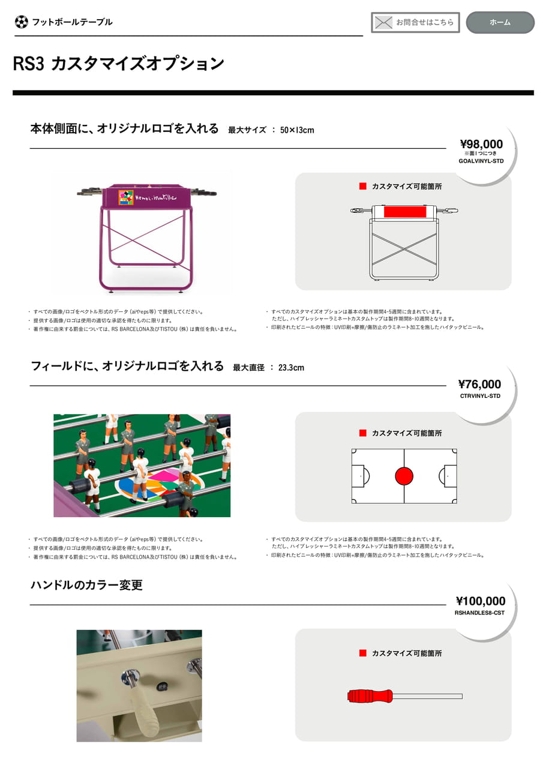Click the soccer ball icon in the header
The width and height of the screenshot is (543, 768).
(21, 22)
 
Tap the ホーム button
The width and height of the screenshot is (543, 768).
(500, 22)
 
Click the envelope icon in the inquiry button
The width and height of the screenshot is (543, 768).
(383, 23)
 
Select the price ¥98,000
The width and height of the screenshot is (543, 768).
(481, 143)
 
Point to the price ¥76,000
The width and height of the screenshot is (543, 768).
(479, 384)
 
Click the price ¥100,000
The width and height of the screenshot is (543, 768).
(480, 601)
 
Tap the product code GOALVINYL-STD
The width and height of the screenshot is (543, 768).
(481, 161)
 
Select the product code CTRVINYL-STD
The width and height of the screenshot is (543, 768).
(480, 395)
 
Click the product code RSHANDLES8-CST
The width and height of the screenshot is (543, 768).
(479, 613)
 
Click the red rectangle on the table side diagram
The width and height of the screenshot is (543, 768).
(405, 212)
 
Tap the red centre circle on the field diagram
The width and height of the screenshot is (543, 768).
(404, 476)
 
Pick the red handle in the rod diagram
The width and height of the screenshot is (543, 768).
(370, 696)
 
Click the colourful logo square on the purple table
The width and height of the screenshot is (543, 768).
(126, 197)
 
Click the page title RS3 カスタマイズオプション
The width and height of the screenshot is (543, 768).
(118, 64)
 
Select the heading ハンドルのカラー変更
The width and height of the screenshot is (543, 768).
(86, 584)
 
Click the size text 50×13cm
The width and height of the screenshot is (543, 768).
(297, 130)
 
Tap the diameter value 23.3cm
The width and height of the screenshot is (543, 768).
(291, 368)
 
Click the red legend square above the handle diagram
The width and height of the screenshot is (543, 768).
(362, 653)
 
